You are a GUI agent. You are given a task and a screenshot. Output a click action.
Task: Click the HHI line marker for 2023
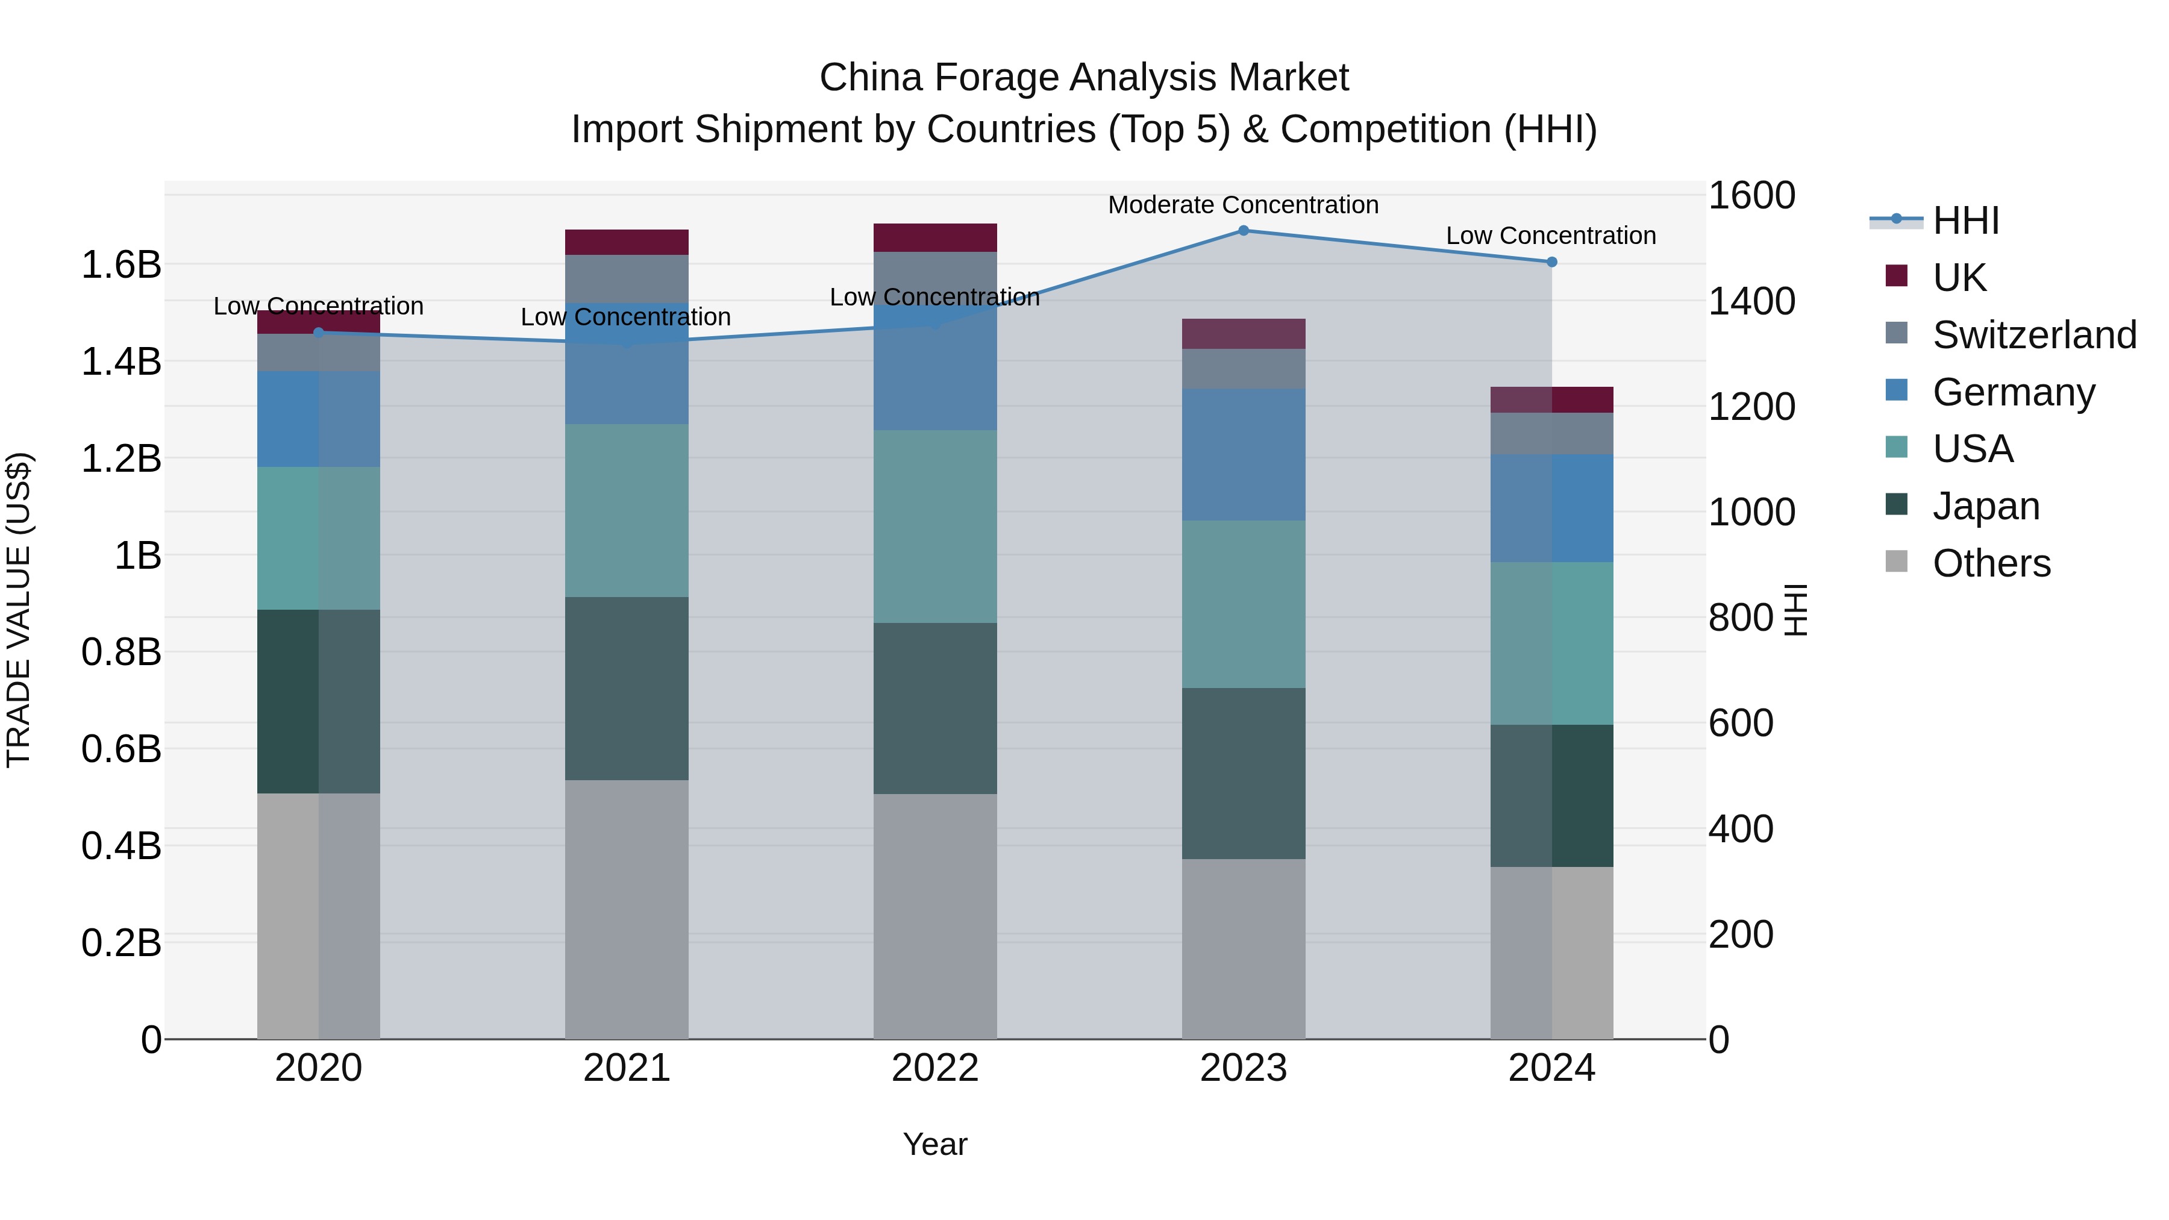(1243, 230)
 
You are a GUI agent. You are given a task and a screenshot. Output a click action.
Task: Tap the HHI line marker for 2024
(1552, 262)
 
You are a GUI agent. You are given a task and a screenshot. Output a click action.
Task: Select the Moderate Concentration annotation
(1243, 205)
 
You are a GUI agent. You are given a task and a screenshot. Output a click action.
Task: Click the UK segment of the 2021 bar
(627, 242)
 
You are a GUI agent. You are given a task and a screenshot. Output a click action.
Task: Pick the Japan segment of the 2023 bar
(1243, 773)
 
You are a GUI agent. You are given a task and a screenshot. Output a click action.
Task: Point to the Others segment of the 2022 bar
(934, 916)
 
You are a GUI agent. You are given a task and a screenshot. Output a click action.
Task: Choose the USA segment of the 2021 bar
(627, 510)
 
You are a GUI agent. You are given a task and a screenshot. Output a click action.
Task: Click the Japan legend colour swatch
(1896, 504)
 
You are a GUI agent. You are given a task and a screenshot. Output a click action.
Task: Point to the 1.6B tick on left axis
(121, 264)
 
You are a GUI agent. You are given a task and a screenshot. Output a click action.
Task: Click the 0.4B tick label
(121, 845)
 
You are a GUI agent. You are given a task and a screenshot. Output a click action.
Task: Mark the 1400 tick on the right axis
(1751, 301)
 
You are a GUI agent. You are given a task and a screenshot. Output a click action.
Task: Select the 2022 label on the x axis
(934, 1068)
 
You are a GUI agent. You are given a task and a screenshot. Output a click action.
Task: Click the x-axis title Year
(934, 1144)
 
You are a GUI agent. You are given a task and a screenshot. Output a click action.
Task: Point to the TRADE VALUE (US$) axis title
(19, 610)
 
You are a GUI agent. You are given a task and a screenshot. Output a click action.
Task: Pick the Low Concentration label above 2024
(1551, 236)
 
